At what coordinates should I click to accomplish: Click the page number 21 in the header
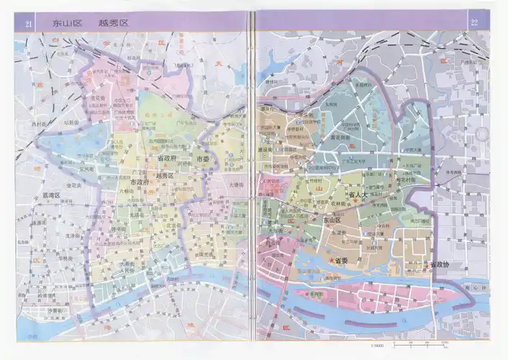(x=30, y=24)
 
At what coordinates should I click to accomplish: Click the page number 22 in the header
(x=474, y=22)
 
